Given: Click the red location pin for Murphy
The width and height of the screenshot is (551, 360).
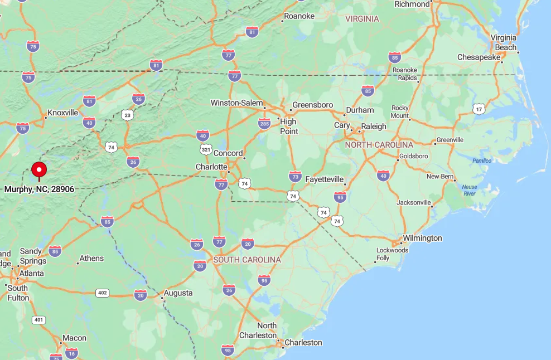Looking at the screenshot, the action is coord(39,169).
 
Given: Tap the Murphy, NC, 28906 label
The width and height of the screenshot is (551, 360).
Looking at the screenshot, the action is coord(39,189).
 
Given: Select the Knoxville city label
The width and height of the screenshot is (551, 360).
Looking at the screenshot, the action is coord(62,113).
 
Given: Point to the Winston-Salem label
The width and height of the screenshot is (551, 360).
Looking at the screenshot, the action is coord(236,103).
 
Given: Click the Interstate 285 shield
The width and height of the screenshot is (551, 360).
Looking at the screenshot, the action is coord(264,124).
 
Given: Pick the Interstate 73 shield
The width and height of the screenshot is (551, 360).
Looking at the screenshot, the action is coord(296,177).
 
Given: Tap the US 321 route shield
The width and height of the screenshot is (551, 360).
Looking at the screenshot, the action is coord(206,149).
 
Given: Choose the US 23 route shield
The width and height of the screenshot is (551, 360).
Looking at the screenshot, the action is coord(128,115).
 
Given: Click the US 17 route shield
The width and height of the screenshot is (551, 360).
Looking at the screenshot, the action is coord(478,109).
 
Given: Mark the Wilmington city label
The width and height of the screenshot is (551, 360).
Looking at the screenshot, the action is coord(422,239).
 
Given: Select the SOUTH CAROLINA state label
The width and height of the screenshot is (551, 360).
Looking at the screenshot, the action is coord(246,260).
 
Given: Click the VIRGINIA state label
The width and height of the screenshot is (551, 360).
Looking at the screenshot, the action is coord(362,19).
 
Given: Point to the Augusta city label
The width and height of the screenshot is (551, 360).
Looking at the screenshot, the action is coord(178,293).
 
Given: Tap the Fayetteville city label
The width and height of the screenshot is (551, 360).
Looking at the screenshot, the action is coord(324,179).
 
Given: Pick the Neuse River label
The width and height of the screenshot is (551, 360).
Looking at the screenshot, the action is coord(470,190).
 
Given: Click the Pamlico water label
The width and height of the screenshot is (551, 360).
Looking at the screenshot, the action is coord(482,160).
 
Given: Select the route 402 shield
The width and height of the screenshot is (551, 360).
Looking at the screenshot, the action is coord(102,293).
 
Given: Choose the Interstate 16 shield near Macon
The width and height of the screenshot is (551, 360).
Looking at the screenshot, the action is coord(71,353).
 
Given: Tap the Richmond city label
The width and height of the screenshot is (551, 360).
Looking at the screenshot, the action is coord(412,4).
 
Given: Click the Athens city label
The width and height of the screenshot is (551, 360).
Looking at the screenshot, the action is coord(91,259).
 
